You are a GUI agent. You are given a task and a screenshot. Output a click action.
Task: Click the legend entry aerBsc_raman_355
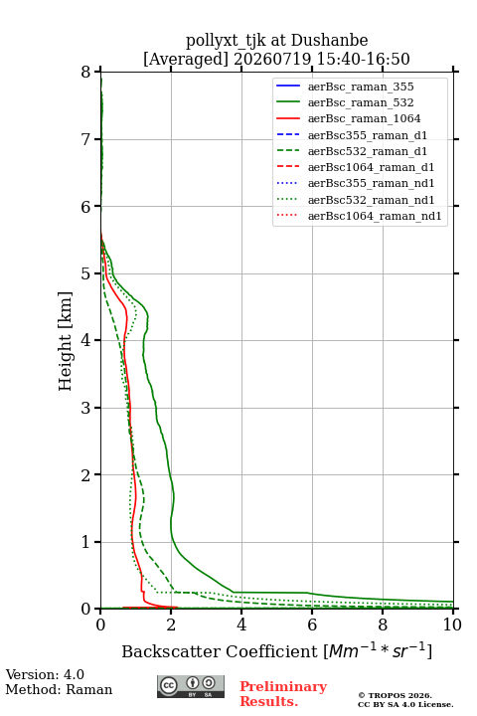(x=361, y=87)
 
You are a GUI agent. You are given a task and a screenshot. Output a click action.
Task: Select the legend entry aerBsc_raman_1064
(x=365, y=118)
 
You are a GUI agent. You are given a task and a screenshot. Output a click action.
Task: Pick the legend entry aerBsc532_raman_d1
(x=368, y=151)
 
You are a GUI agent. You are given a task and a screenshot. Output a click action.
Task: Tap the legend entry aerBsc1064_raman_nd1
(x=375, y=216)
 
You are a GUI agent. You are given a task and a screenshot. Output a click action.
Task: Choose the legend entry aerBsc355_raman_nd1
(x=371, y=184)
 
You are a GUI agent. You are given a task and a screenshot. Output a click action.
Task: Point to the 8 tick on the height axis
(x=86, y=72)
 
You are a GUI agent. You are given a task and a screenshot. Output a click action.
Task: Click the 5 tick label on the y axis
(x=86, y=273)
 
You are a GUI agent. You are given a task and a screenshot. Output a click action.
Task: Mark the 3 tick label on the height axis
(x=86, y=408)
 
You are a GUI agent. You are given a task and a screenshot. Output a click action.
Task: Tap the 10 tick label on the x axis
(x=452, y=625)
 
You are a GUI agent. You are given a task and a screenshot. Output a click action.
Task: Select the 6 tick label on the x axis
(x=312, y=625)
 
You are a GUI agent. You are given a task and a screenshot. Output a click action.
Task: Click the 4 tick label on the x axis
(x=241, y=625)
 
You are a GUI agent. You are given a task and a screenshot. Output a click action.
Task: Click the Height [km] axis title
(x=66, y=341)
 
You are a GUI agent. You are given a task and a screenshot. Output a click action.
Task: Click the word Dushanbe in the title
(x=329, y=40)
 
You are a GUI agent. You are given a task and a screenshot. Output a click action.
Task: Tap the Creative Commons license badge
(x=191, y=686)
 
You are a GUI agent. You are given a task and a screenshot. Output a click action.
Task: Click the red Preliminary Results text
(x=283, y=694)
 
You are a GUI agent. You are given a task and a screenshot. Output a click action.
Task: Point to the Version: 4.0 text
(x=45, y=674)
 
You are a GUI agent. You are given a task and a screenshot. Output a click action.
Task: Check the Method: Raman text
(x=59, y=689)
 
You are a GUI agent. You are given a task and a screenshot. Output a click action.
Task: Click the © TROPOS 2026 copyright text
(x=395, y=695)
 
